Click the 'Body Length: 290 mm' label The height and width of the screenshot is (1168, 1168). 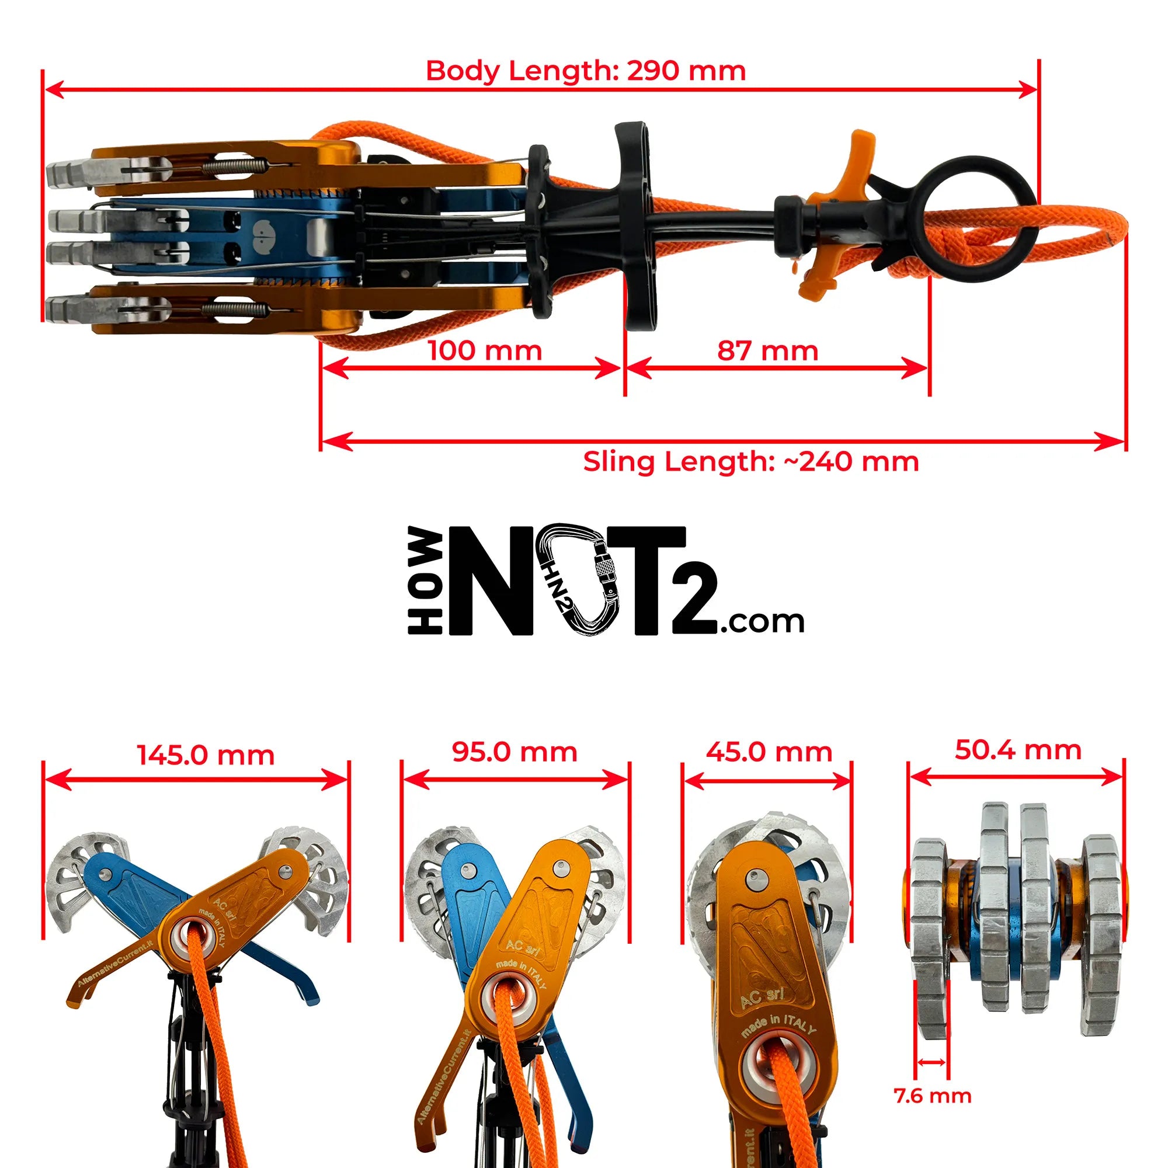point(586,71)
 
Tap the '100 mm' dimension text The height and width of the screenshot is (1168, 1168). point(485,350)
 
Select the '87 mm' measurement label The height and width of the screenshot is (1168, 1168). point(768,350)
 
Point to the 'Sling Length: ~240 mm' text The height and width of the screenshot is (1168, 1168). point(751,462)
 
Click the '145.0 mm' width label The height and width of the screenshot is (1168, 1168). point(206,755)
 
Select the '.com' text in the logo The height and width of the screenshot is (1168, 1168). point(761,621)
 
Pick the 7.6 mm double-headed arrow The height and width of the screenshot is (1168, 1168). point(931,1062)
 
